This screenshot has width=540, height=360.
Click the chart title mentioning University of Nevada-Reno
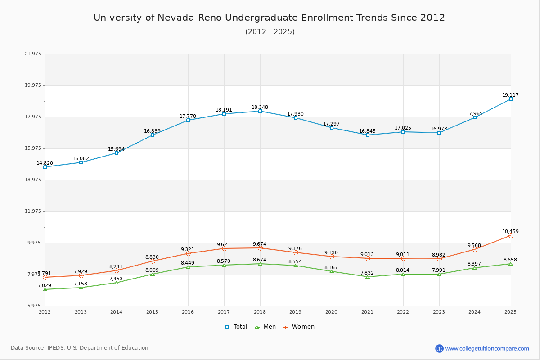point(269,18)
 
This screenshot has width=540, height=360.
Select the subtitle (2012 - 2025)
point(270,31)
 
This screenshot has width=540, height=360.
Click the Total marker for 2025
point(511,99)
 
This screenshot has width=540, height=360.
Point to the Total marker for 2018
point(260,111)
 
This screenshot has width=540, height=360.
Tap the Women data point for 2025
point(511,235)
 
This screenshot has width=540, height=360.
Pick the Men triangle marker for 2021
point(368,277)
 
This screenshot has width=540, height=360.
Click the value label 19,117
point(510,95)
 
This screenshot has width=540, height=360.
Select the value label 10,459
point(510,231)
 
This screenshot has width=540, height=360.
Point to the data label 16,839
point(152,131)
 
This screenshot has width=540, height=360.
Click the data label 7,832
point(367,273)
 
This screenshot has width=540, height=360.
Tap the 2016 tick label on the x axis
point(188,312)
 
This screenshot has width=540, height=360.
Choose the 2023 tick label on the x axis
point(439,312)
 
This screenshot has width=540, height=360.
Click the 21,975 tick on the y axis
point(33,54)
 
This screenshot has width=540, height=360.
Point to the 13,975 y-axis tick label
point(33,180)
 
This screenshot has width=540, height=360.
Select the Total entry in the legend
point(236,327)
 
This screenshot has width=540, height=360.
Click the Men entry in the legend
point(265,327)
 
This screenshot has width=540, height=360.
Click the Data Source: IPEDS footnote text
point(80,348)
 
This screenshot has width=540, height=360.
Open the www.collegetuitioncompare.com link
point(487,348)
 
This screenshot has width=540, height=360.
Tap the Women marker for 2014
point(117,270)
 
